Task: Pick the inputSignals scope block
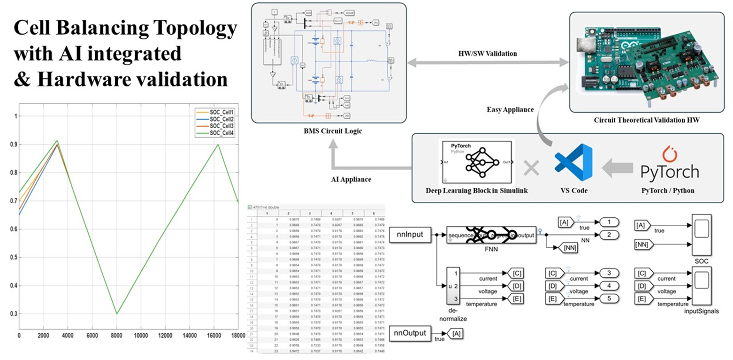pos(702,286)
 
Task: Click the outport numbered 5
pos(608,298)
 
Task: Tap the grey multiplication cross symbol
pos(531,168)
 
